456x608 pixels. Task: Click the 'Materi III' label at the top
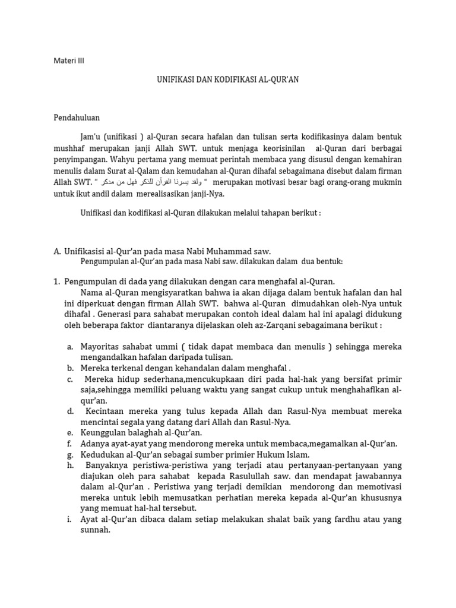pyautogui.click(x=69, y=60)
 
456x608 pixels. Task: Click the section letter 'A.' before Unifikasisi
pyautogui.click(x=58, y=252)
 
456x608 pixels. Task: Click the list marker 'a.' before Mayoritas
pyautogui.click(x=69, y=346)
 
